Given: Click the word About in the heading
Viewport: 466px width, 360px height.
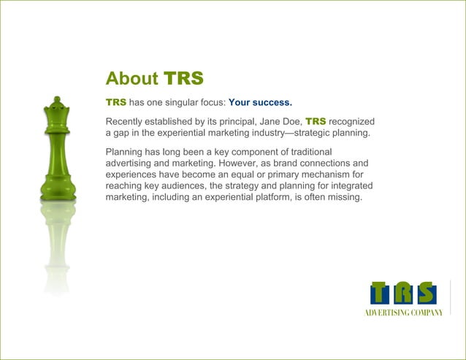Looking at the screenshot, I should point(132,78).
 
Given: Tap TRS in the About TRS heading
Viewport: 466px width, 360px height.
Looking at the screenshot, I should point(183,78).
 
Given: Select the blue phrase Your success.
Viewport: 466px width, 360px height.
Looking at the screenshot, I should point(260,102).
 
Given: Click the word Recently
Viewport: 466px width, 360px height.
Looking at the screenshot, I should point(128,120).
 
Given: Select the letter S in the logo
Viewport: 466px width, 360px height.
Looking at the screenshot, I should point(426,294).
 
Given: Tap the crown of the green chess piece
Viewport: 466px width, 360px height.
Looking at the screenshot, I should point(57,106).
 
